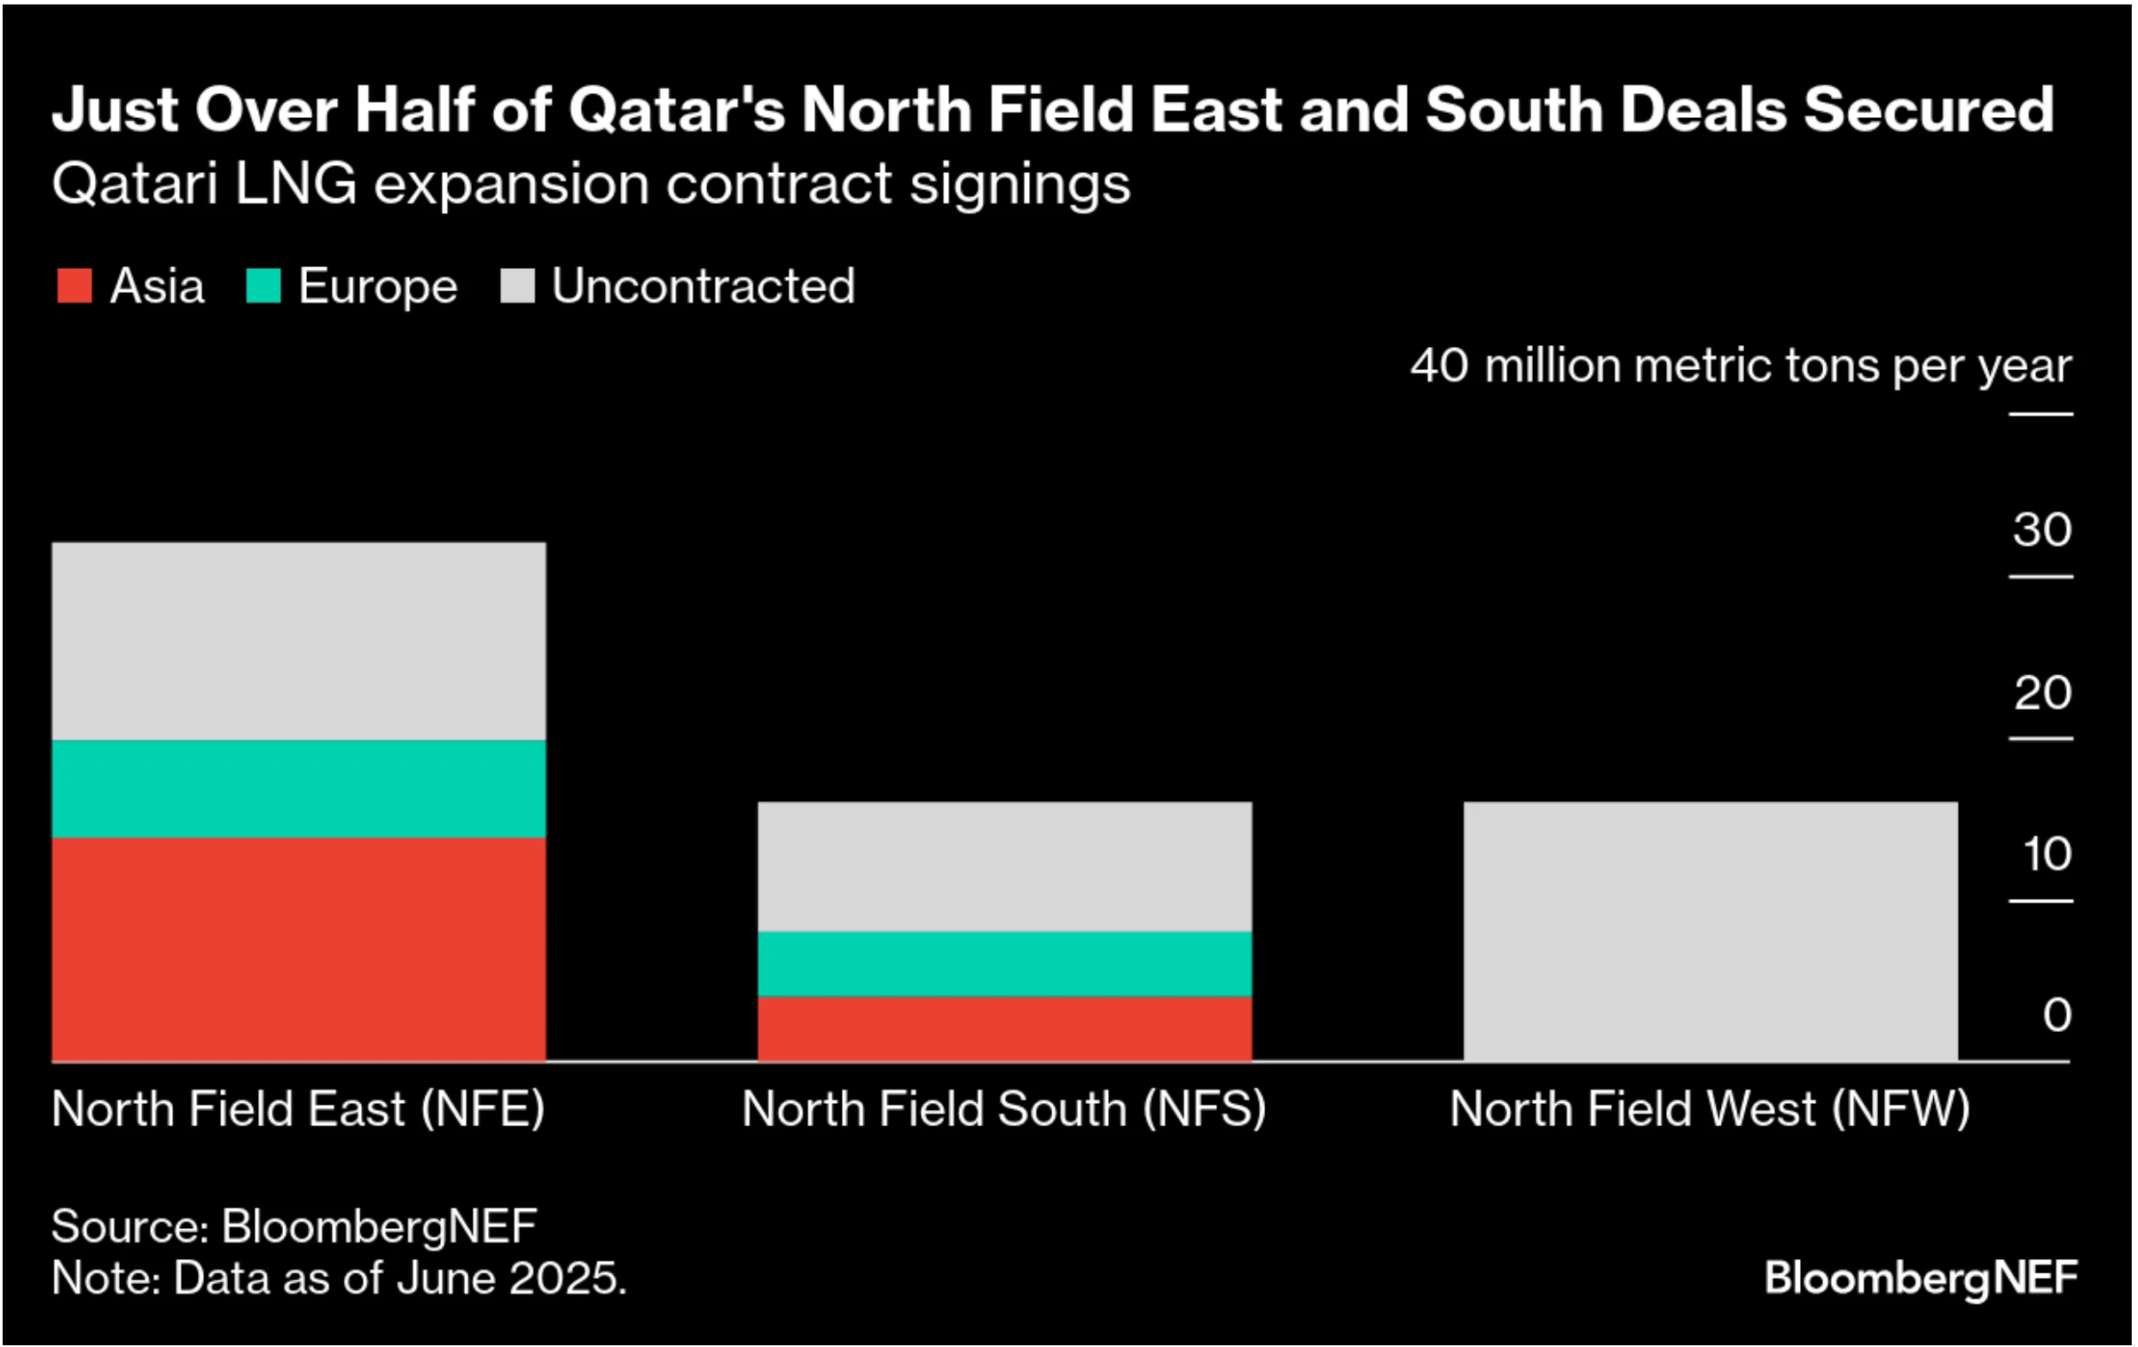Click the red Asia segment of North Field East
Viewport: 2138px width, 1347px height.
(298, 949)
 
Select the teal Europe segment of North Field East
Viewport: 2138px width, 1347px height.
(298, 789)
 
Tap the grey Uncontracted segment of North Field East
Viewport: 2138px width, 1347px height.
(298, 640)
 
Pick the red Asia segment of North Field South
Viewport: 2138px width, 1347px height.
(1004, 1028)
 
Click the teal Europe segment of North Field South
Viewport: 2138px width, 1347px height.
(1004, 964)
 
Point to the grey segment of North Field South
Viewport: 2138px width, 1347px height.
(1004, 866)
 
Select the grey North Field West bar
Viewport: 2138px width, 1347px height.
(1710, 931)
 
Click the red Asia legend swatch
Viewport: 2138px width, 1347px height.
(75, 286)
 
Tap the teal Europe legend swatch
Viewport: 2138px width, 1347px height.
(263, 286)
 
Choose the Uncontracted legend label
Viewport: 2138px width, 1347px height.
(703, 286)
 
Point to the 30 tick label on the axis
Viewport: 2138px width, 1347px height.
(2041, 530)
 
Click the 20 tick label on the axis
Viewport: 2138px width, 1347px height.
(2041, 693)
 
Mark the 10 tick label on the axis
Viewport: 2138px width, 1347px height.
(2046, 855)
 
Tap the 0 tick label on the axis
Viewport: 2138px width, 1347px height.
(2056, 1015)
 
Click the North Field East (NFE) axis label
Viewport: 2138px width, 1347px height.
(298, 1109)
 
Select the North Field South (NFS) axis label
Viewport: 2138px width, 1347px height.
(1004, 1109)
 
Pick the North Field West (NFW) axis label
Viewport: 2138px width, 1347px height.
(1710, 1109)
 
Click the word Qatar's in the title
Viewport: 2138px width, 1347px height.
(677, 110)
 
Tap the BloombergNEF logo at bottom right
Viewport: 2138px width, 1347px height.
(1921, 1278)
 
